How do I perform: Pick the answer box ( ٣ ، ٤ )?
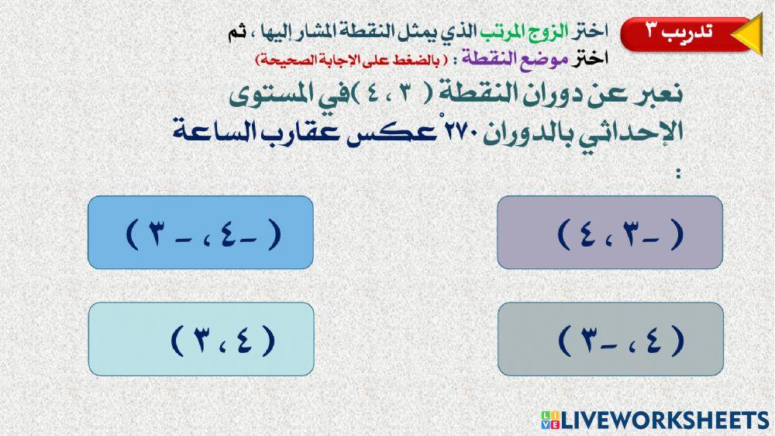pyautogui.click(x=201, y=340)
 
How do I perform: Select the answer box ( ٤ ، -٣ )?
pyautogui.click(x=611, y=340)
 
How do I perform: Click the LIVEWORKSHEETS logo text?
pyautogui.click(x=667, y=420)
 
